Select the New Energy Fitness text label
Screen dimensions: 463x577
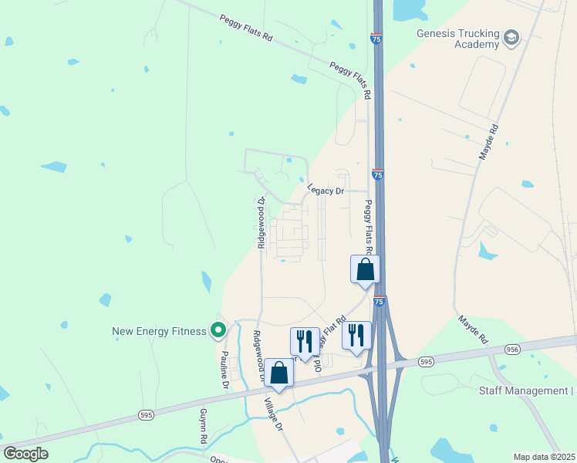[160, 331]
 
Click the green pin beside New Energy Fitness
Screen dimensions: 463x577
[218, 331]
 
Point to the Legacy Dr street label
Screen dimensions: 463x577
[326, 190]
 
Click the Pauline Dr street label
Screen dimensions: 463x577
[224, 370]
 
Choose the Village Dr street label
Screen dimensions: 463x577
[275, 415]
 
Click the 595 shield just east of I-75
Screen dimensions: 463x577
[425, 361]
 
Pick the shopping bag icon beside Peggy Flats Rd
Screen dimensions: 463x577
[366, 269]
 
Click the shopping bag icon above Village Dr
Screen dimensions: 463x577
[278, 373]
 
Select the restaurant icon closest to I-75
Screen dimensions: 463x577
[356, 335]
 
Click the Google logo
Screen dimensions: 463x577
[25, 454]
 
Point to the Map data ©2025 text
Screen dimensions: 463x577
[544, 457]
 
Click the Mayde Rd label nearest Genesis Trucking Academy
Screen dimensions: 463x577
[488, 142]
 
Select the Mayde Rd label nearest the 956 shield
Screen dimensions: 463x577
[472, 329]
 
